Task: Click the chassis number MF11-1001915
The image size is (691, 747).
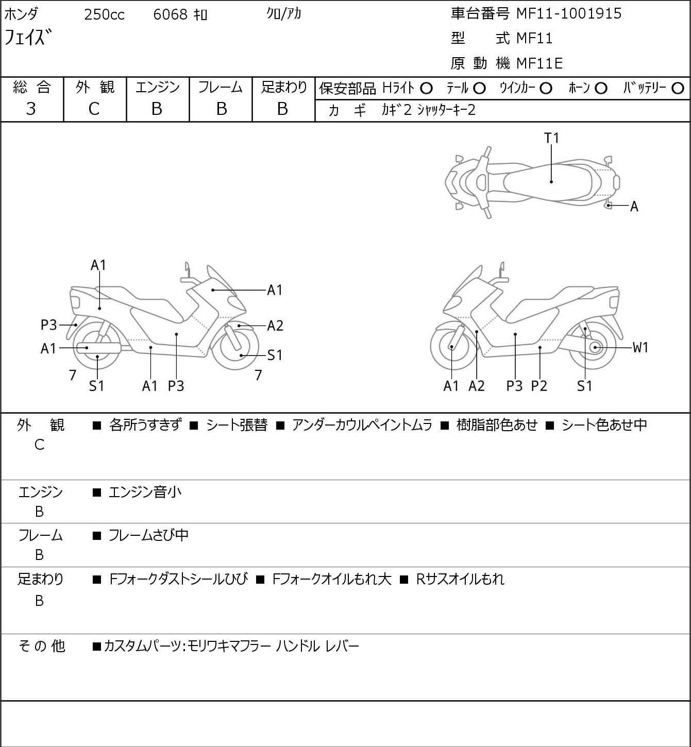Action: [x=569, y=14]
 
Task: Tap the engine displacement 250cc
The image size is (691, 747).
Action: [x=104, y=14]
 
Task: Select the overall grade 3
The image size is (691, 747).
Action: [x=31, y=109]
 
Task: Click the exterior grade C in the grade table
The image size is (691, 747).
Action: [x=94, y=109]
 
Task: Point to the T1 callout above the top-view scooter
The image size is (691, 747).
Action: [x=552, y=138]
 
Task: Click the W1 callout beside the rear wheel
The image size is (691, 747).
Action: [x=640, y=348]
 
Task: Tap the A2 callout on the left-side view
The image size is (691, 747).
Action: [x=275, y=326]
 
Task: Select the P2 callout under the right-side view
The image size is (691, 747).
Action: [x=539, y=386]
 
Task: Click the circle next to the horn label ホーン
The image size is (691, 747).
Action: [x=601, y=89]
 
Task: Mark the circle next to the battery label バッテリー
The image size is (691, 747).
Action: [x=678, y=89]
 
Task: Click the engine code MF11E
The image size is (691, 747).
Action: [x=540, y=63]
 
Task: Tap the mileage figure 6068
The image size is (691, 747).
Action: [x=170, y=14]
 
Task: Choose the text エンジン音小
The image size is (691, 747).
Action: [x=145, y=492]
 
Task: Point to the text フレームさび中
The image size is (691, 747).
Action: [x=148, y=535]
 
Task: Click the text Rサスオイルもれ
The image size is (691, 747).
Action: [x=460, y=579]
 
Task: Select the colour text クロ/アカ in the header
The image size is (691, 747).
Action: [x=284, y=14]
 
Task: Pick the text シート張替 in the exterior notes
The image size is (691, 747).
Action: [x=237, y=425]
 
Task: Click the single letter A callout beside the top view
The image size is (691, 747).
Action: [x=634, y=207]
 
